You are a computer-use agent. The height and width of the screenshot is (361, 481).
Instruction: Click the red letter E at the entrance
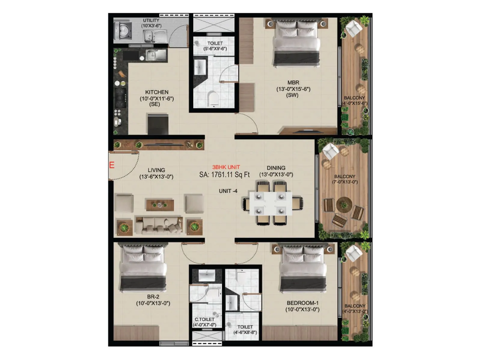tap(112, 165)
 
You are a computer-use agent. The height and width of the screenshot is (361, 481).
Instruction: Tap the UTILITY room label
tap(151, 20)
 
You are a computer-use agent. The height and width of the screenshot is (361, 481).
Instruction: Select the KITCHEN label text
tap(157, 92)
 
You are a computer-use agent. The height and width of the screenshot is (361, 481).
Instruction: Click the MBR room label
tap(293, 82)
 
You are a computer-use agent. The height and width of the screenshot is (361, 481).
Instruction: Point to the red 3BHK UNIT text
tap(226, 167)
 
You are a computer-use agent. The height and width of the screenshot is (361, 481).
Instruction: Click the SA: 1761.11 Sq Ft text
tap(224, 175)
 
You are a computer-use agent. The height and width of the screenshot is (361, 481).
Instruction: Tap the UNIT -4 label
tap(228, 191)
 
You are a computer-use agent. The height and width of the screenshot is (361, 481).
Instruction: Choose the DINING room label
tap(276, 168)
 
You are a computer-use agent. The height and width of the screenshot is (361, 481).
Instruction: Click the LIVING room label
tap(156, 170)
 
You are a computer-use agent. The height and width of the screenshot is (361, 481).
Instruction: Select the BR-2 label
tap(153, 297)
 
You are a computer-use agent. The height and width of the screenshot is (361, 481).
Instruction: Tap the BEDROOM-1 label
tap(302, 303)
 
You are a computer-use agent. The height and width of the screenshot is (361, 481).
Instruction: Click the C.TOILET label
tap(204, 319)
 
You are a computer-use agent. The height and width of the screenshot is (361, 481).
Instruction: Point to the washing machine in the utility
tap(123, 30)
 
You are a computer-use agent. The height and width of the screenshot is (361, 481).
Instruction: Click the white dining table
tap(270, 204)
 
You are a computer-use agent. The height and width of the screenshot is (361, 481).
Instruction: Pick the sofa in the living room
tap(158, 225)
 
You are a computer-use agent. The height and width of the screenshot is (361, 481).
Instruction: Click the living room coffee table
tap(160, 205)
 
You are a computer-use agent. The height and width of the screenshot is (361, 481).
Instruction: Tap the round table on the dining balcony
tap(344, 205)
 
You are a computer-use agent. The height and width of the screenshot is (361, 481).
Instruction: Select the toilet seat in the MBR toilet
tap(213, 98)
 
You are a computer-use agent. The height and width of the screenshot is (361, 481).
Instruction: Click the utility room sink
tap(155, 37)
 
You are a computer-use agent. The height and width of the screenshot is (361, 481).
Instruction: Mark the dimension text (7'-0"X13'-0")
tap(345, 182)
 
